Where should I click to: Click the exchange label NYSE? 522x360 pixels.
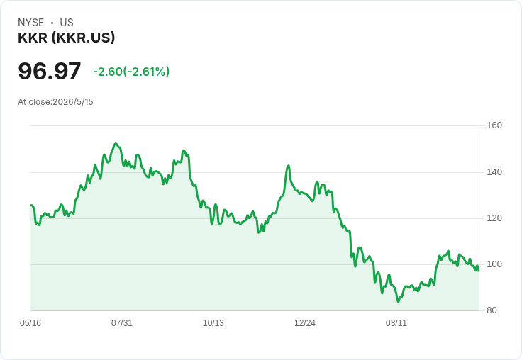click(31, 23)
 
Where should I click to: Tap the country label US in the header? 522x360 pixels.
click(67, 23)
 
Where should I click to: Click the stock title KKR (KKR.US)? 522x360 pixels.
click(66, 38)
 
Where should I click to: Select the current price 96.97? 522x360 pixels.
click(49, 71)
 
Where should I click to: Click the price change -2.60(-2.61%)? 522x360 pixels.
click(131, 72)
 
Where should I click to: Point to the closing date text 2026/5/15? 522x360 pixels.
click(73, 102)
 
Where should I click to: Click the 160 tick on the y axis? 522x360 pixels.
click(494, 125)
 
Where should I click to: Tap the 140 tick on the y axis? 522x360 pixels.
click(494, 172)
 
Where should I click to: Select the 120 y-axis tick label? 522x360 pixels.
click(494, 218)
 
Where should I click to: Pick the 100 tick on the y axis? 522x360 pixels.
click(494, 264)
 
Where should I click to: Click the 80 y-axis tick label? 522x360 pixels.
click(492, 310)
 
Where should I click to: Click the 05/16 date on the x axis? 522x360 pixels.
click(30, 323)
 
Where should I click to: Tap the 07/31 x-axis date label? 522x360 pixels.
click(122, 323)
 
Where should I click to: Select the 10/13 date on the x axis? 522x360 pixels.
click(213, 323)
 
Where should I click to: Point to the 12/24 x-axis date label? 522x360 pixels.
click(305, 323)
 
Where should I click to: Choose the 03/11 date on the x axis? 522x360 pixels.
click(396, 323)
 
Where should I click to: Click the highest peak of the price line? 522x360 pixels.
click(116, 144)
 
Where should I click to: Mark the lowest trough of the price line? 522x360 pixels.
click(398, 301)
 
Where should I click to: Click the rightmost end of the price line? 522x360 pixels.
click(479, 271)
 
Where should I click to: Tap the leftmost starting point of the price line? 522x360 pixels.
click(31, 205)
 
